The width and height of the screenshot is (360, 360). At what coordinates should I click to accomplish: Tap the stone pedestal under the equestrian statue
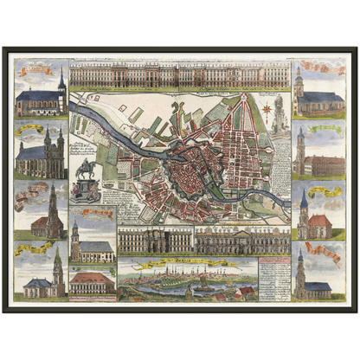tap(87, 190)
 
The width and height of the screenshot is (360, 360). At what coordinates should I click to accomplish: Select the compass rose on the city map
tap(267, 111)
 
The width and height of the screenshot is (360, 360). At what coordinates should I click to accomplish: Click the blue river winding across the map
tap(130, 156)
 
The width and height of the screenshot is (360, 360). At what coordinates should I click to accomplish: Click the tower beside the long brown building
tap(299, 151)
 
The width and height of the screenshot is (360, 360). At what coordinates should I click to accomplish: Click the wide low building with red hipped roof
tap(91, 281)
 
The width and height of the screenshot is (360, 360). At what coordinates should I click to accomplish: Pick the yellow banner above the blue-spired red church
tap(325, 191)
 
